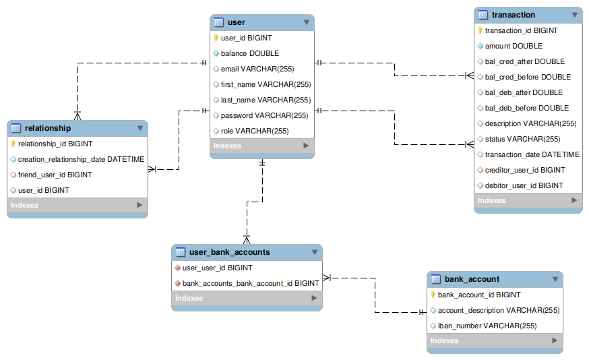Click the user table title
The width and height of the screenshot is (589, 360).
(237, 22)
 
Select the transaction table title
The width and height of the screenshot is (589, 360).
(514, 15)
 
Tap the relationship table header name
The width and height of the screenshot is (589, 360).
(48, 128)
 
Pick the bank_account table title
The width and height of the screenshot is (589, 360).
(472, 279)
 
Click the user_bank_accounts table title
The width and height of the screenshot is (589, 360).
(229, 252)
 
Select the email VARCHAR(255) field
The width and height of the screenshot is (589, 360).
(257, 69)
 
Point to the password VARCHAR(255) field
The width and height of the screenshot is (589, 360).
(264, 115)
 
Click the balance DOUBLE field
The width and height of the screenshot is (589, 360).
(249, 53)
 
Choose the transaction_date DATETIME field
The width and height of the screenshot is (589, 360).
(532, 154)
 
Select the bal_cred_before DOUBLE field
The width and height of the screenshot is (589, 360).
(527, 77)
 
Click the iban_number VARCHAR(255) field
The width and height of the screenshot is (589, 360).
(487, 326)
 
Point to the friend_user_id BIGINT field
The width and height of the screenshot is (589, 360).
(55, 175)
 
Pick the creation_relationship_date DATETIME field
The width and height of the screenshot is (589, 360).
(81, 159)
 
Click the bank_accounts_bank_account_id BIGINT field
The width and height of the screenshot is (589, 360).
(250, 283)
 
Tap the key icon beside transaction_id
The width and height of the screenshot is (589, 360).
(480, 30)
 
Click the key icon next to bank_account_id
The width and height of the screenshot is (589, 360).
(433, 295)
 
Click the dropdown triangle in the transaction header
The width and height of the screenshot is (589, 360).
(575, 15)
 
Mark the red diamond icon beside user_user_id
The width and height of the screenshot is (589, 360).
(177, 268)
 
